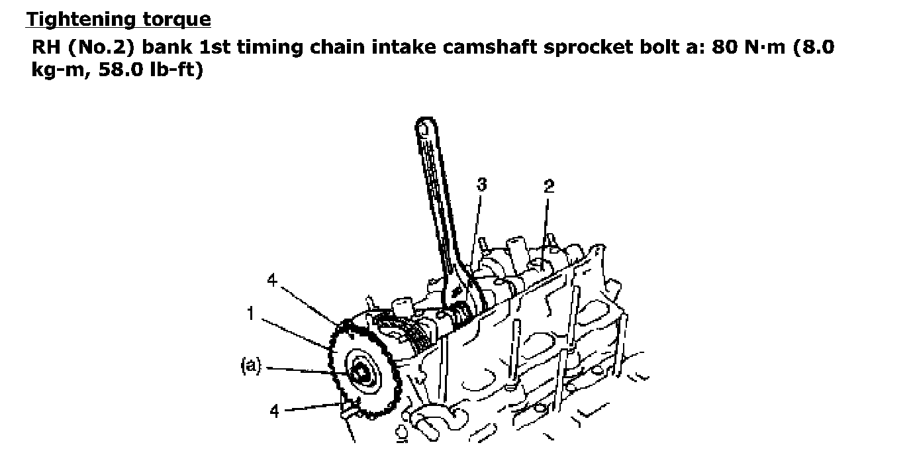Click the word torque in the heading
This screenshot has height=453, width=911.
[177, 20]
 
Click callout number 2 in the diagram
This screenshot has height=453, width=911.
[549, 187]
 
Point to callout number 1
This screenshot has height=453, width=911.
[251, 313]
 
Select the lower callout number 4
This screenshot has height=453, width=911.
[275, 411]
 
